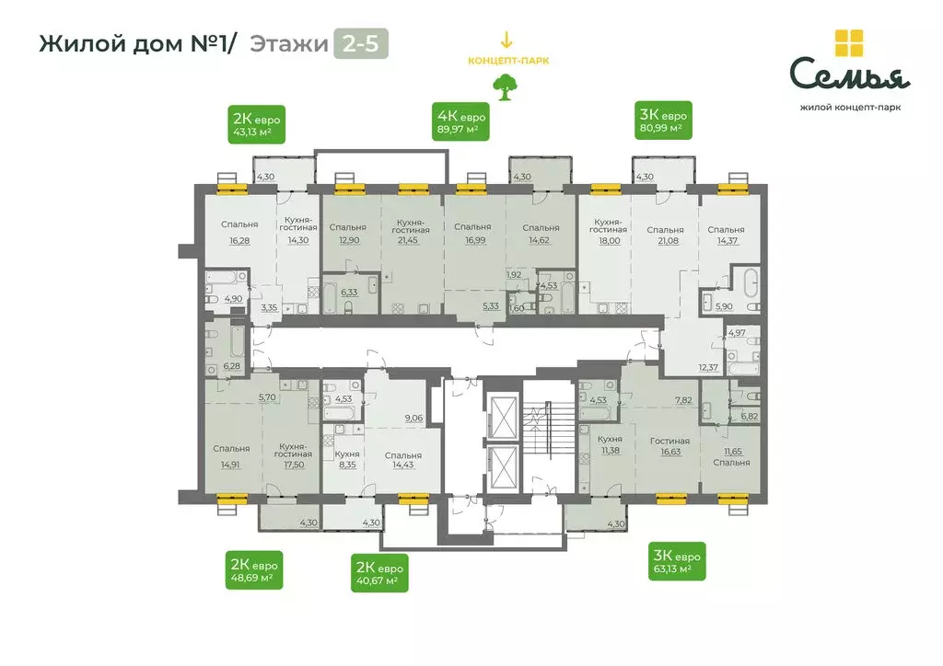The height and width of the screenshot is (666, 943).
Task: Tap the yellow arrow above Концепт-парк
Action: click(x=504, y=41)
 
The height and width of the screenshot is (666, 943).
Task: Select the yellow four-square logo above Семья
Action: click(x=849, y=43)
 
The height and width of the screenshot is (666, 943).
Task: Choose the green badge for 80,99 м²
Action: click(x=663, y=121)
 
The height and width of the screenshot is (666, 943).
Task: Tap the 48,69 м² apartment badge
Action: click(x=255, y=570)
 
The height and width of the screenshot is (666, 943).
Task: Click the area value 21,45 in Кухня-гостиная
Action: click(x=406, y=240)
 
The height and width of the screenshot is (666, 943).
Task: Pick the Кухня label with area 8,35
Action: click(x=347, y=454)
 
